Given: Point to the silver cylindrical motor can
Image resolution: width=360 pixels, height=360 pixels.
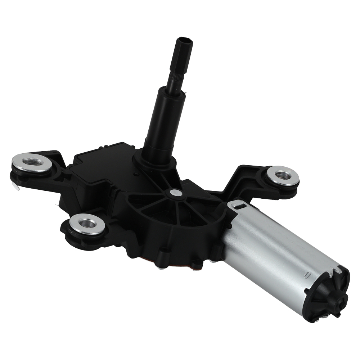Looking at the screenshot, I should pyautogui.click(x=274, y=248).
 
